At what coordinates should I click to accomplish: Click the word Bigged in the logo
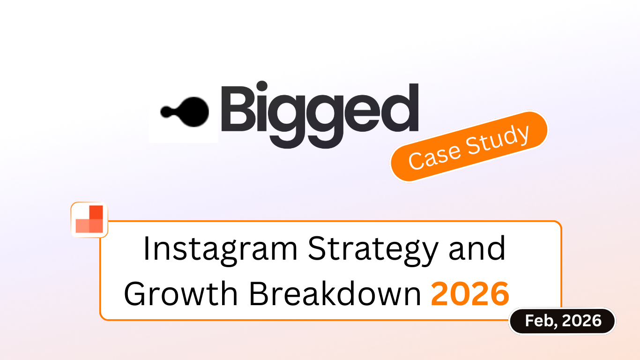[320, 114]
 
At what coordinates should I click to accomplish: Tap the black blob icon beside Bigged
[185, 112]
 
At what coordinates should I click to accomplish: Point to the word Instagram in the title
[221, 250]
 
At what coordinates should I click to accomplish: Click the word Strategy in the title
[373, 250]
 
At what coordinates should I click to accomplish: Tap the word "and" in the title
[477, 248]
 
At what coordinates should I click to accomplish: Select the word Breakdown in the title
[335, 293]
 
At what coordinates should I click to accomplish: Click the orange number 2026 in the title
[470, 293]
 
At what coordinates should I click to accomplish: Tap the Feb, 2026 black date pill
[562, 321]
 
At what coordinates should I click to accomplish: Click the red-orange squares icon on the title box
[89, 219]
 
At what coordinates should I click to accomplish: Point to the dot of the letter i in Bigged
[262, 86]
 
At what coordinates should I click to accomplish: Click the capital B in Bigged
[238, 109]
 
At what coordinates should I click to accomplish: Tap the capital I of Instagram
[147, 248]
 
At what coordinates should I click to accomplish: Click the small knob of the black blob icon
[167, 112]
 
